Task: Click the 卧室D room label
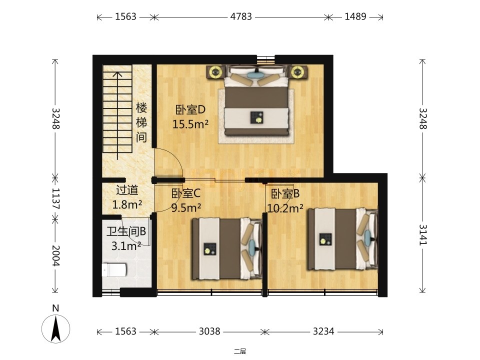point(190,109)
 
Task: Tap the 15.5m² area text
point(190,124)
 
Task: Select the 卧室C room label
point(185,193)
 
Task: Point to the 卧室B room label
point(285,194)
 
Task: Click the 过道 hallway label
point(127,190)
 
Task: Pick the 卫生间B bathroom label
point(126,231)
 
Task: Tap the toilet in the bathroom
point(114,270)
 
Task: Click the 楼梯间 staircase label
point(141,122)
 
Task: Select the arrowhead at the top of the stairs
point(117,74)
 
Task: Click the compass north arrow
point(55,329)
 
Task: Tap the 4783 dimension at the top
point(241,16)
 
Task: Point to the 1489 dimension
point(355,16)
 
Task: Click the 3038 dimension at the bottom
point(209,331)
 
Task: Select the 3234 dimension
point(323,331)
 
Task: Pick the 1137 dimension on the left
point(55,198)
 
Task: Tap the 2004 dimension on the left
point(55,255)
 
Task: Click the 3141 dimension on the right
point(422,235)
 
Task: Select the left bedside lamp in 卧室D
point(216,72)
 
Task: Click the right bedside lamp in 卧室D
point(296,72)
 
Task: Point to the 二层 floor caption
point(240,351)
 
